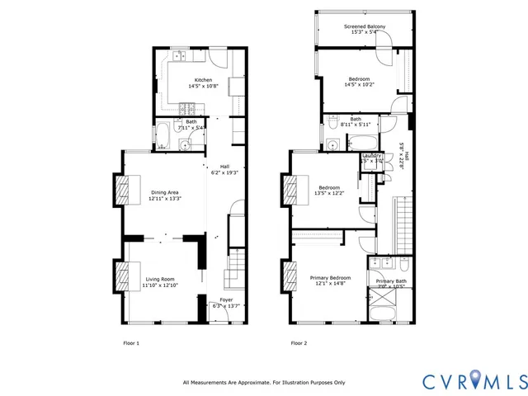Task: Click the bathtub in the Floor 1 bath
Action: click(163, 135)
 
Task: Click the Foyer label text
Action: click(225, 299)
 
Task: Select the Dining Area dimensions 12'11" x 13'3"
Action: click(165, 199)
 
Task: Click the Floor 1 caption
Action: click(131, 342)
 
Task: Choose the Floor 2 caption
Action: click(299, 342)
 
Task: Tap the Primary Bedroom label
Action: click(330, 278)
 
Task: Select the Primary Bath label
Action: click(391, 282)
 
